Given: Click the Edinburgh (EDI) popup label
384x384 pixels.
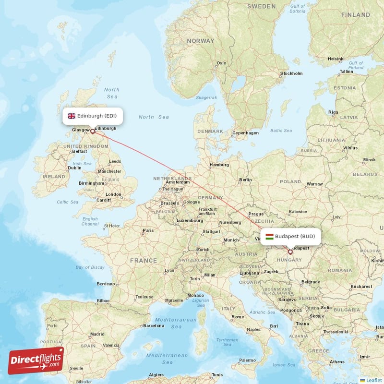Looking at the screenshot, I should point(93,116).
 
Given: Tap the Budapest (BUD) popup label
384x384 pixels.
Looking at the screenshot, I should point(291,236).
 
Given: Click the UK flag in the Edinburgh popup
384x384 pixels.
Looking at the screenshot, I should point(72,116).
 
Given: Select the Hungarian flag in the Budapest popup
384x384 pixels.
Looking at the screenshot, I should point(269,236).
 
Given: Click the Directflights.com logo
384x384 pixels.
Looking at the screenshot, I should point(36,360).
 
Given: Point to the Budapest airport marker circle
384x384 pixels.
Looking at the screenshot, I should point(290,252).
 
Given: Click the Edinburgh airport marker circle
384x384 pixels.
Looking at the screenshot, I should point(93,131).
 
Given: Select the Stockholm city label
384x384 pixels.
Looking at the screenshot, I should point(291,73).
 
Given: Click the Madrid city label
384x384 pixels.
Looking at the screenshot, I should point(97,334).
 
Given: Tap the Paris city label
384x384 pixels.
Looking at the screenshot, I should point(148,231).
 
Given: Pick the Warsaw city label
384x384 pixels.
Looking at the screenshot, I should point(314,184).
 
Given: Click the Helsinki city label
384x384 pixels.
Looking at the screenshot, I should point(336,59).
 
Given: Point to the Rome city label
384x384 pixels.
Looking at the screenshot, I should point(238,317).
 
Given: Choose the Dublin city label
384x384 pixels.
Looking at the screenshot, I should point(74,168).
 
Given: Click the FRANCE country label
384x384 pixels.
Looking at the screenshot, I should point(143,260).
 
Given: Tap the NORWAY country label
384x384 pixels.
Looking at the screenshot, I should point(200,41).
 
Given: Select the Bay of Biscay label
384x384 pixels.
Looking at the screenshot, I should point(90,267).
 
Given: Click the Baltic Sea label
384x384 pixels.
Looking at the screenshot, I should point(281,131).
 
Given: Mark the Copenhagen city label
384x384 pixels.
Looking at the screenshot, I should point(245,133).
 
